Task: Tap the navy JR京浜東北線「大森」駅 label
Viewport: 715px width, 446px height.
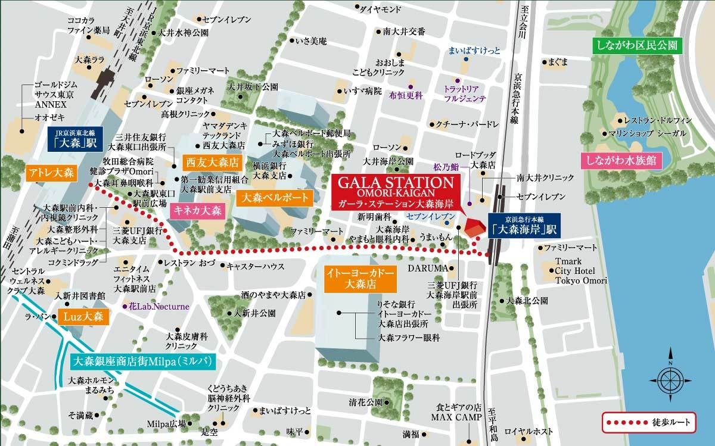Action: click(70, 139)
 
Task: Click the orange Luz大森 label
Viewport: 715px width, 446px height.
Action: click(83, 316)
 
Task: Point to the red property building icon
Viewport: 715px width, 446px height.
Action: click(473, 228)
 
